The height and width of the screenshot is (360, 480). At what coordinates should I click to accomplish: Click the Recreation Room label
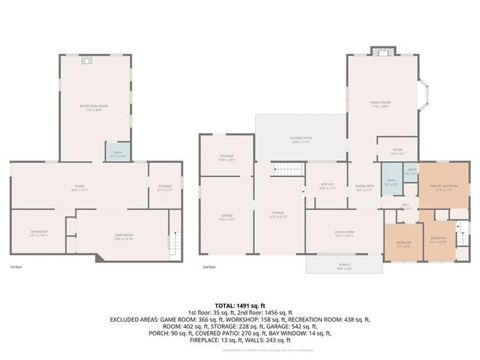[x=94, y=107]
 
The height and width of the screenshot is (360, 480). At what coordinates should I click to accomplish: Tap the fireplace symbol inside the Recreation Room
[x=86, y=63]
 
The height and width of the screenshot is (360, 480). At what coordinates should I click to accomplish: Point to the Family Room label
[x=380, y=103]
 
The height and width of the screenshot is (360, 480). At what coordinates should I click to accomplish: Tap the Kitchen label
[x=328, y=184]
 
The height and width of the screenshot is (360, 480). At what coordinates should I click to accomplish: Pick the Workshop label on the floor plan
[x=40, y=232]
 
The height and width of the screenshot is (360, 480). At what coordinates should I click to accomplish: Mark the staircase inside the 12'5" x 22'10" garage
[x=283, y=169]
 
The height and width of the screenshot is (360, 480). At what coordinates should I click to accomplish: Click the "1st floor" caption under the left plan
[x=16, y=267]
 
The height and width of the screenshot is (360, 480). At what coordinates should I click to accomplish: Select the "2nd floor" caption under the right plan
[x=209, y=267]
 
